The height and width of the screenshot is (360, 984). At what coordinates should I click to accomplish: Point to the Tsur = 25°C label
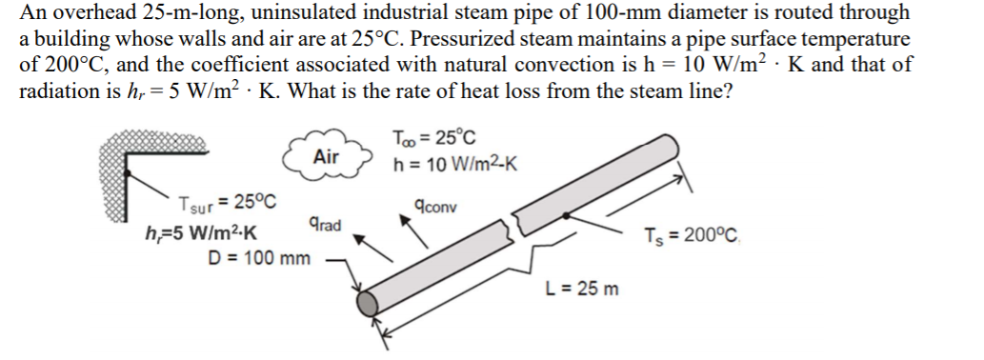pyautogui.click(x=227, y=203)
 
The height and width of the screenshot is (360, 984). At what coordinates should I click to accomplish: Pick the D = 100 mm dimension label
pyautogui.click(x=259, y=257)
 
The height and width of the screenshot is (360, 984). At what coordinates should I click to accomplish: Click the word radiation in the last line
pyautogui.click(x=58, y=93)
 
